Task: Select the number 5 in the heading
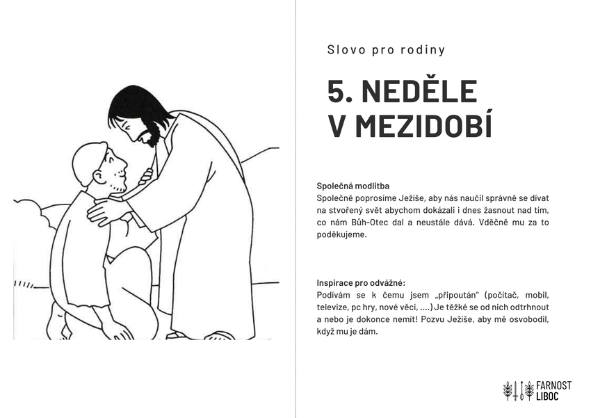338,93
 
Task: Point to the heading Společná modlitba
353,186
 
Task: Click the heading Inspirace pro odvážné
361,283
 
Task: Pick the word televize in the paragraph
333,307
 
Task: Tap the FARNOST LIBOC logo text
553,391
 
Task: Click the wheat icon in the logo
515,391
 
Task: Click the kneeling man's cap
88,162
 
